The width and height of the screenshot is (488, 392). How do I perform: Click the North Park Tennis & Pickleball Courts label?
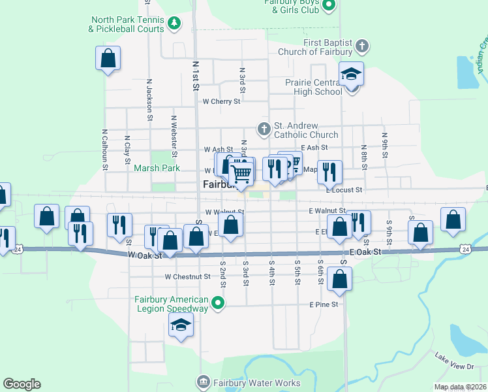(x=127, y=25)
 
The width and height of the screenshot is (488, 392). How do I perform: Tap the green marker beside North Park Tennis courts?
(x=174, y=25)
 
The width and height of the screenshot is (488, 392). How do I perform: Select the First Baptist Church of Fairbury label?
(x=315, y=47)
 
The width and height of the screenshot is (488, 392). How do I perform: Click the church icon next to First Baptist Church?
(x=362, y=46)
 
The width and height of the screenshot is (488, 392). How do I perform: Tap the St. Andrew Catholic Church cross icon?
(x=264, y=128)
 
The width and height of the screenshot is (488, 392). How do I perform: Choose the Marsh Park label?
(x=157, y=168)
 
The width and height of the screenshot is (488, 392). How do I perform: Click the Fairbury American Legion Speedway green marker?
(x=219, y=302)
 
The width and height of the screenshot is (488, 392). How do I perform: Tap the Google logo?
(x=22, y=384)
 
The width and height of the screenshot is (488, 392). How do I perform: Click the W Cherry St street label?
(x=221, y=101)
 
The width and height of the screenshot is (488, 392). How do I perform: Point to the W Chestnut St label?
(x=187, y=276)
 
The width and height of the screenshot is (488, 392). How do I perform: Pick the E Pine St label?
(x=324, y=304)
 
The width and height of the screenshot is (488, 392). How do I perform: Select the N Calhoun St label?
(x=104, y=150)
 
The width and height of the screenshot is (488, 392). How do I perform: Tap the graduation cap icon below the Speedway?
(x=181, y=325)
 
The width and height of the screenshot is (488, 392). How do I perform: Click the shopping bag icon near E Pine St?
(x=340, y=278)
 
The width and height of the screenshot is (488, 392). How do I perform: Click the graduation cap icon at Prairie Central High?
(x=351, y=74)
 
